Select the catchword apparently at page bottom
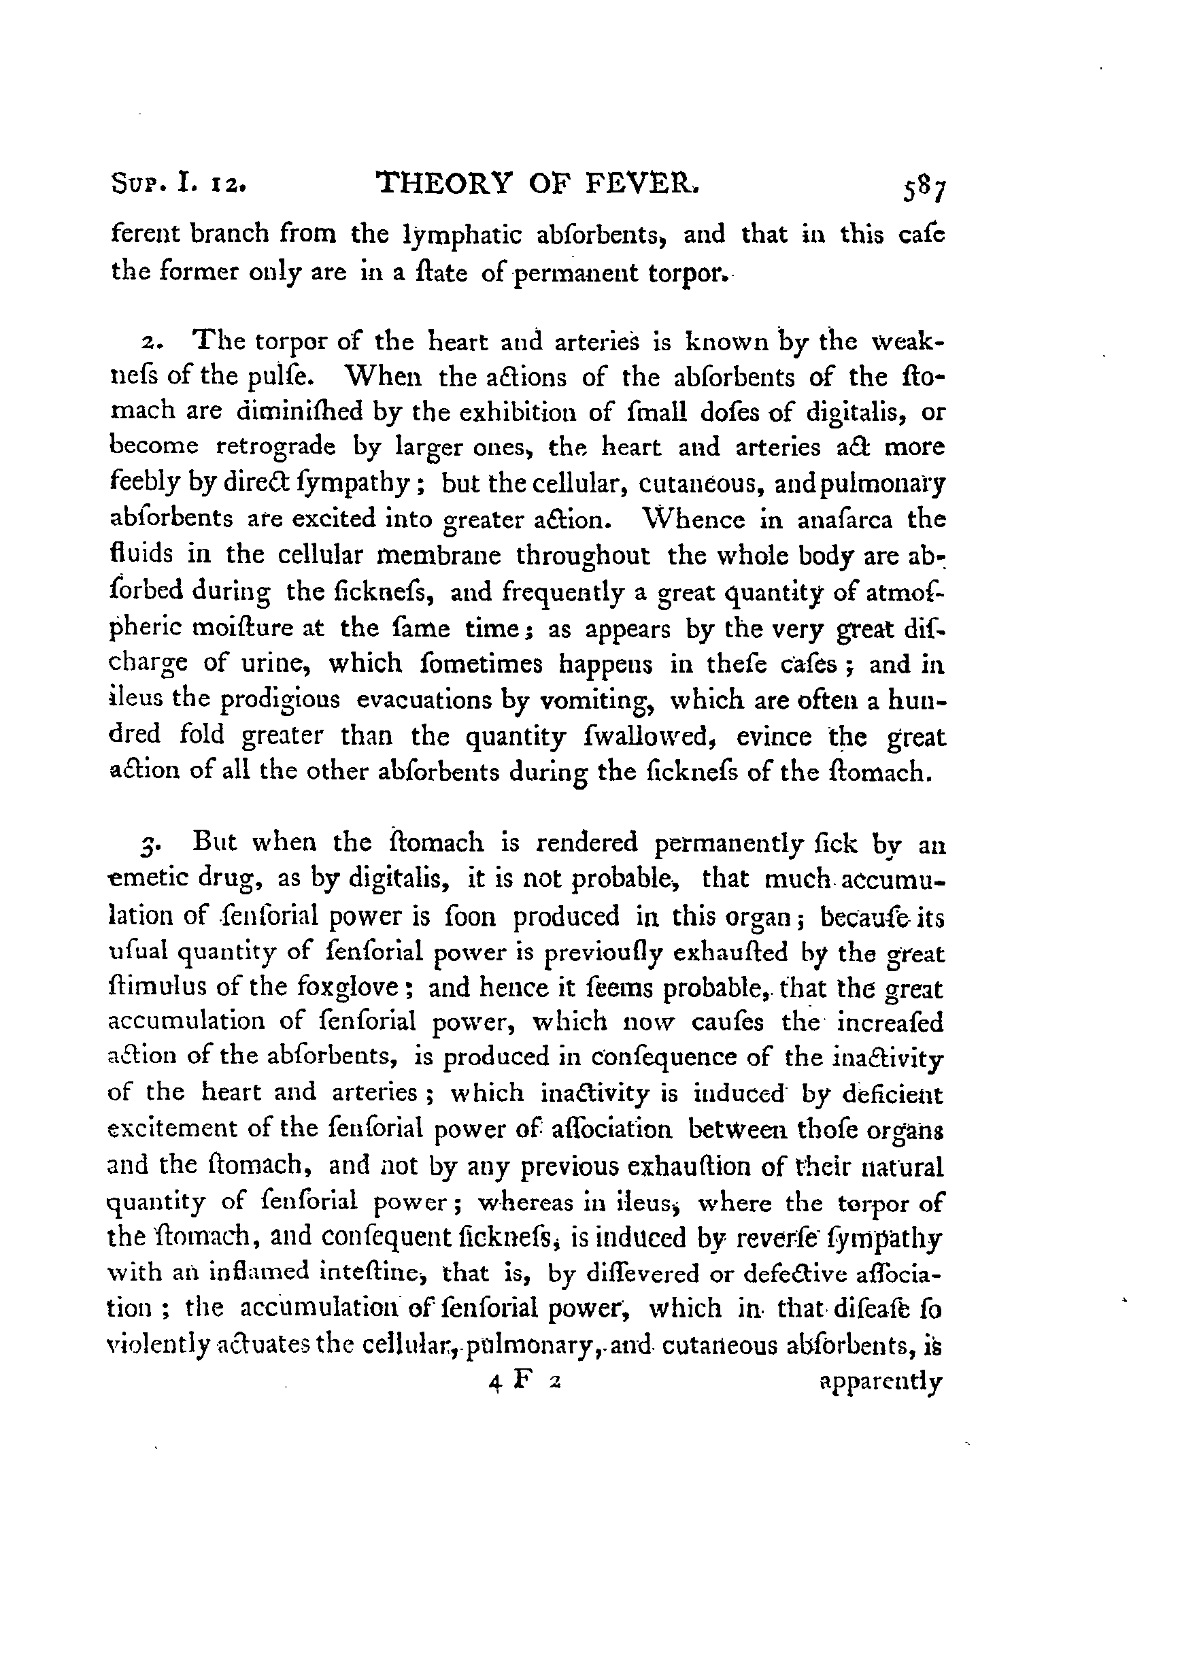tap(881, 1381)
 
